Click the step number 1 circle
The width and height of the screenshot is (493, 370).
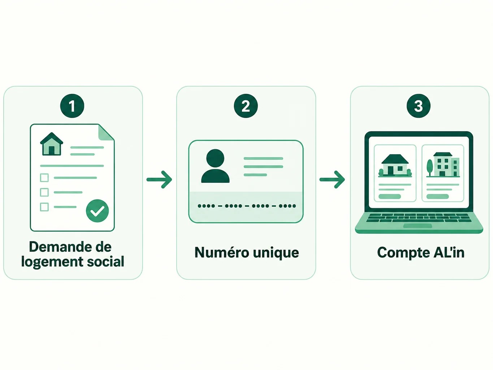(72, 106)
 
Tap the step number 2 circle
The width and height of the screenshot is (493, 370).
(246, 106)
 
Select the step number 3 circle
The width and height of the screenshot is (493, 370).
(419, 106)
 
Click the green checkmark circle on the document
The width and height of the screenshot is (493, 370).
(97, 211)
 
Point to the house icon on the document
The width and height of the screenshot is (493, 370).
(51, 144)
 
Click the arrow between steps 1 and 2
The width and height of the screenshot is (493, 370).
(159, 180)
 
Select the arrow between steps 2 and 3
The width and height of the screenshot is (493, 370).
(332, 180)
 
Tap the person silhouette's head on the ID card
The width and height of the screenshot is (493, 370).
(215, 158)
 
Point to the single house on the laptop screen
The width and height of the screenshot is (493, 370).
(395, 165)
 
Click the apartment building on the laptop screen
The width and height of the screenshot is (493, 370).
(446, 164)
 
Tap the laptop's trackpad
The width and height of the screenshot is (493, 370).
(418, 226)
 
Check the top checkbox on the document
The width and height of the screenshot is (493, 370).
(44, 178)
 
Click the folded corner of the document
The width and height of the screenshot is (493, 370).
(106, 133)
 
